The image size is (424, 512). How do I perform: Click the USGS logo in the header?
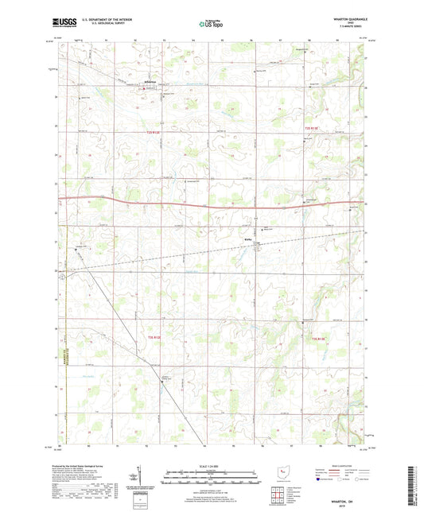[x=64, y=24]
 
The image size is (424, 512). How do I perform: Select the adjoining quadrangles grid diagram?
[x=279, y=492]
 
